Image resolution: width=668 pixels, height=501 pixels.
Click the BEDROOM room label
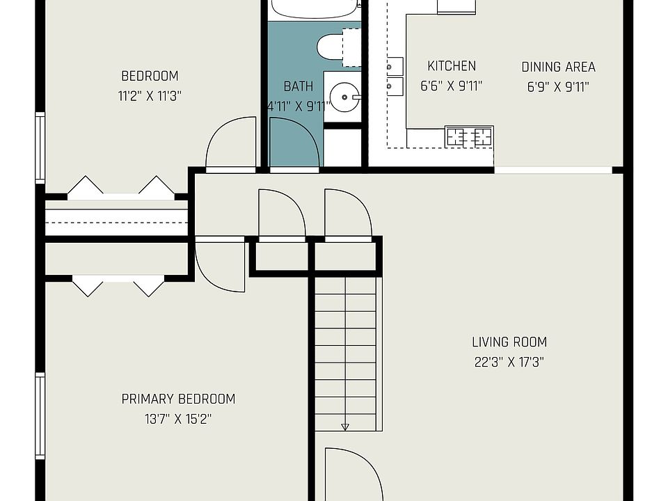[150, 76]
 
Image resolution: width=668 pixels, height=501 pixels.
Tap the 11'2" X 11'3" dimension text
[150, 96]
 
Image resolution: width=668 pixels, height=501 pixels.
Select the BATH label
[298, 86]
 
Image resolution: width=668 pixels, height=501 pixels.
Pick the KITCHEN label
[452, 66]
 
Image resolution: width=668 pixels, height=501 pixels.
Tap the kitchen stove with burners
[469, 136]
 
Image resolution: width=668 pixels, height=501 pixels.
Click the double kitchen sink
[395, 76]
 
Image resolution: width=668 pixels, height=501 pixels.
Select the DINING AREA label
[558, 67]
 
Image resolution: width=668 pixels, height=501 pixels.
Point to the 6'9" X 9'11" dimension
[558, 86]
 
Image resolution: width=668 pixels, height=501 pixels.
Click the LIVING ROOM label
[509, 342]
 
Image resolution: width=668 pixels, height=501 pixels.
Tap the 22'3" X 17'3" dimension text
[509, 362]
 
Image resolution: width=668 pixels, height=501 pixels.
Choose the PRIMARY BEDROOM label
[178, 399]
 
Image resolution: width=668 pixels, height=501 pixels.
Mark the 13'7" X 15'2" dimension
[178, 419]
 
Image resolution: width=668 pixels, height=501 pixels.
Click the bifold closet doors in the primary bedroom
[118, 285]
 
